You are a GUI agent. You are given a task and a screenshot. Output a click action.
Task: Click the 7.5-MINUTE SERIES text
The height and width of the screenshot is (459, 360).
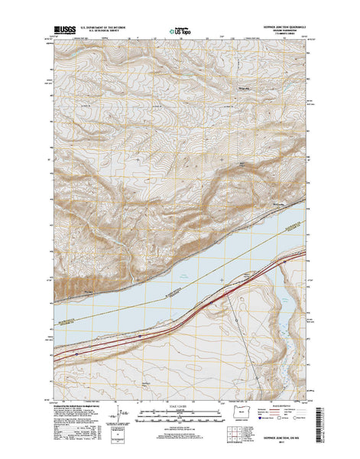click(283, 37)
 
